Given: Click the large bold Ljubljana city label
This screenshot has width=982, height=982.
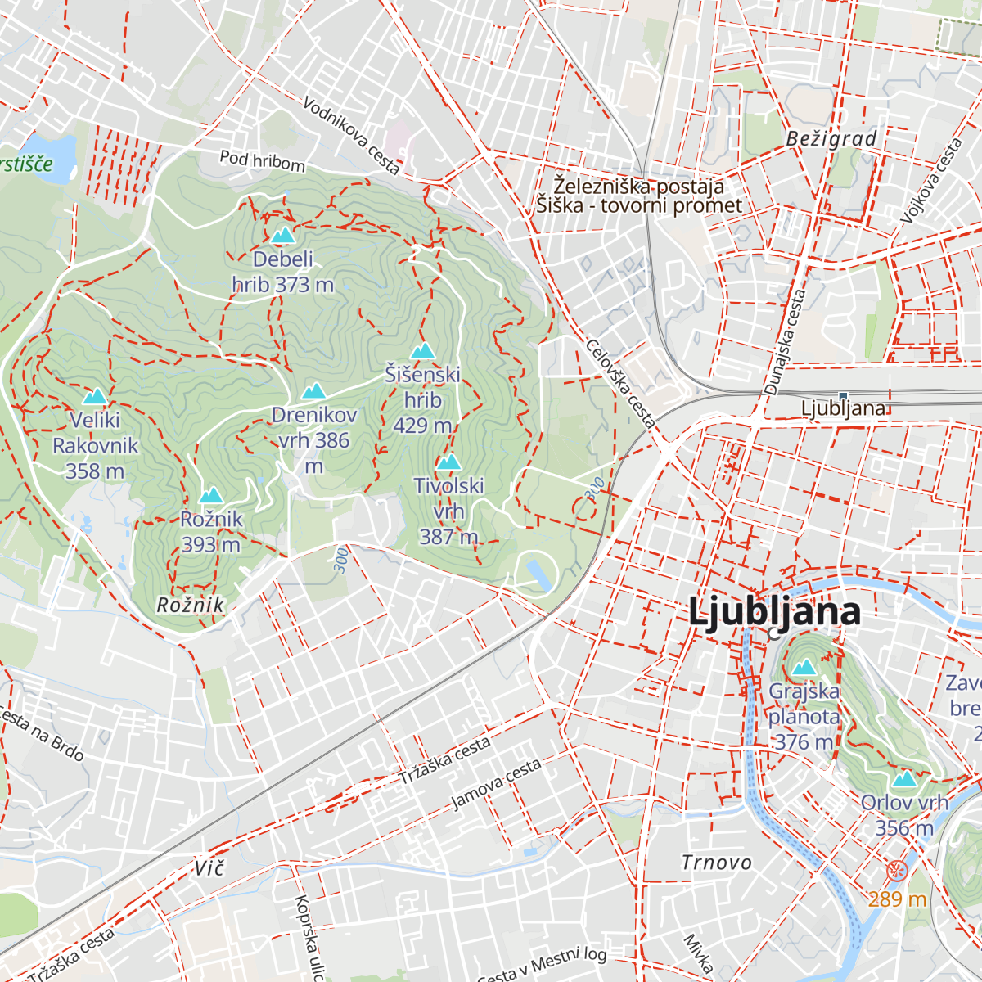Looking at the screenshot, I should pyautogui.click(x=774, y=612).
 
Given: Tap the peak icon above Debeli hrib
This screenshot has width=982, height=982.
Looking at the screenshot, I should pyautogui.click(x=283, y=236).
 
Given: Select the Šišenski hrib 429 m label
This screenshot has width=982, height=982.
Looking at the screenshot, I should pyautogui.click(x=422, y=399).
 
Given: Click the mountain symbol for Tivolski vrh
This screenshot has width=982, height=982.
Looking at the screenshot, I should pyautogui.click(x=448, y=462).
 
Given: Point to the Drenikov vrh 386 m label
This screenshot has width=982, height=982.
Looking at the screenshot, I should pyautogui.click(x=314, y=440).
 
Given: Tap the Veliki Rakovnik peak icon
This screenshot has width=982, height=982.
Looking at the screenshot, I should pyautogui.click(x=95, y=397).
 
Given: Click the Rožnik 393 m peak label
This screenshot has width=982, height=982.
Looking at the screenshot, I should pyautogui.click(x=211, y=531).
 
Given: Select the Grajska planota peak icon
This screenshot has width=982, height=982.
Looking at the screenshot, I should pyautogui.click(x=804, y=667).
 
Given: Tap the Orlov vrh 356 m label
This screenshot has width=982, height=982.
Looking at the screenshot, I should pyautogui.click(x=904, y=815).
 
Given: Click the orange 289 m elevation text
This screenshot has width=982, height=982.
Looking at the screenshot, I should pyautogui.click(x=897, y=899).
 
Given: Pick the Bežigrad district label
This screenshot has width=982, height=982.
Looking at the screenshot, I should pyautogui.click(x=831, y=139).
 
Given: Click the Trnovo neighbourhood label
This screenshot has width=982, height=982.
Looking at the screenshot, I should pyautogui.click(x=717, y=863).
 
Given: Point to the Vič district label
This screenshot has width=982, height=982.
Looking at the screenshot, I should pyautogui.click(x=209, y=867).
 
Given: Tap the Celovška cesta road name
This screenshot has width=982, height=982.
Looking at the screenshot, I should pyautogui.click(x=620, y=383).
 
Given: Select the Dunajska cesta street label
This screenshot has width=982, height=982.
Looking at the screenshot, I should pyautogui.click(x=786, y=342).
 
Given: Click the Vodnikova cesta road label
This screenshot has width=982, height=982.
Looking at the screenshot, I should pyautogui.click(x=351, y=136).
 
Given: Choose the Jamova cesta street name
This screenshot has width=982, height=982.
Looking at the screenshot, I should pyautogui.click(x=496, y=784).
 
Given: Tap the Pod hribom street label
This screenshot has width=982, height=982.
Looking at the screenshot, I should pyautogui.click(x=262, y=160).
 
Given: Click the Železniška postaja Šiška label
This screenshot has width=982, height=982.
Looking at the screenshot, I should pyautogui.click(x=639, y=196).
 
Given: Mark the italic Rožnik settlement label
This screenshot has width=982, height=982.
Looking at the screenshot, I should pyautogui.click(x=190, y=605).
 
